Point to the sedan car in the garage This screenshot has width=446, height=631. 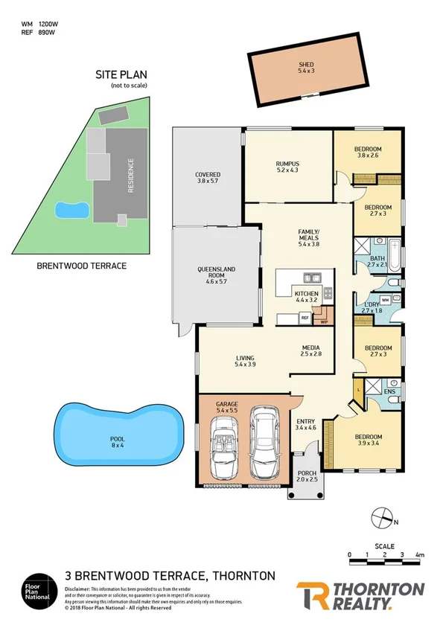point(264,443)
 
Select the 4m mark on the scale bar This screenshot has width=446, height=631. point(419,555)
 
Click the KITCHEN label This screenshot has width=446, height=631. point(307,294)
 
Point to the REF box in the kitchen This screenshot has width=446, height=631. point(305,318)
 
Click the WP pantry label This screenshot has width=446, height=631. point(324,322)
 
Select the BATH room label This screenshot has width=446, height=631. point(377,258)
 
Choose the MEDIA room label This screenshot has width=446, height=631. point(310,348)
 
